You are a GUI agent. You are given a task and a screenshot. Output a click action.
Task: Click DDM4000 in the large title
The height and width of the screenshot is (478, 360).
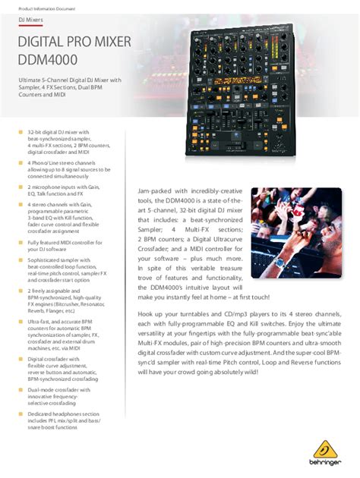[x=51, y=58]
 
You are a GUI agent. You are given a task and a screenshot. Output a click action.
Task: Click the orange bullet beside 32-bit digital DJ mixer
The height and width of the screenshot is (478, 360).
[x=20, y=132]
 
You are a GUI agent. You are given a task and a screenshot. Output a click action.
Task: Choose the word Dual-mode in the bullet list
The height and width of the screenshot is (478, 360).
[x=43, y=389]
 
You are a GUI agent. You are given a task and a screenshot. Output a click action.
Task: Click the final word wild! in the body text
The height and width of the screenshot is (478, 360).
[x=249, y=373]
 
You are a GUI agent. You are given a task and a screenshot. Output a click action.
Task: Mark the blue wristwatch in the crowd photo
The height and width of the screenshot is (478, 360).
[x=281, y=263]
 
